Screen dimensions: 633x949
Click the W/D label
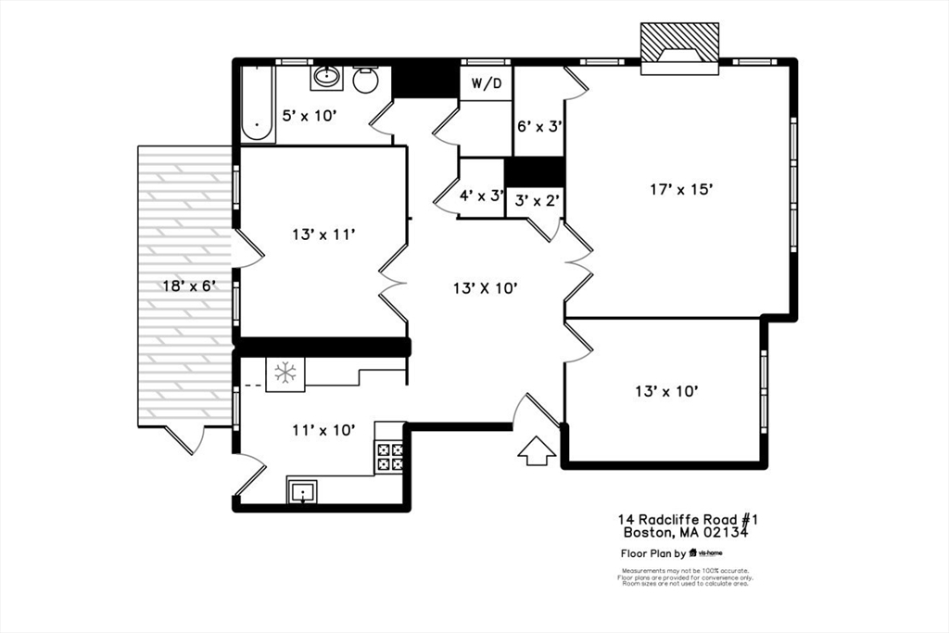tap(487, 84)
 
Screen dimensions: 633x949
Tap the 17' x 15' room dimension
tap(680, 189)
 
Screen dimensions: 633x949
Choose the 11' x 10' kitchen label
tap(323, 429)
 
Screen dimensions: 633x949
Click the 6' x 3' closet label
tap(539, 125)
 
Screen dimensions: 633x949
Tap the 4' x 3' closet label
tap(481, 196)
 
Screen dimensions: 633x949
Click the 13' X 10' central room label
tap(485, 288)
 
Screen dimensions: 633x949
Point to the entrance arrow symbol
tap(536, 451)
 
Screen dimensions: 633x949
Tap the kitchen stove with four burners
tap(389, 456)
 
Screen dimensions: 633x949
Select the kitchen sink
tap(303, 492)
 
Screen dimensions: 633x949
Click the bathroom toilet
tap(366, 80)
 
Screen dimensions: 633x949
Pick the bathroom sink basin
tap(326, 77)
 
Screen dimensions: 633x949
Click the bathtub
tap(257, 104)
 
